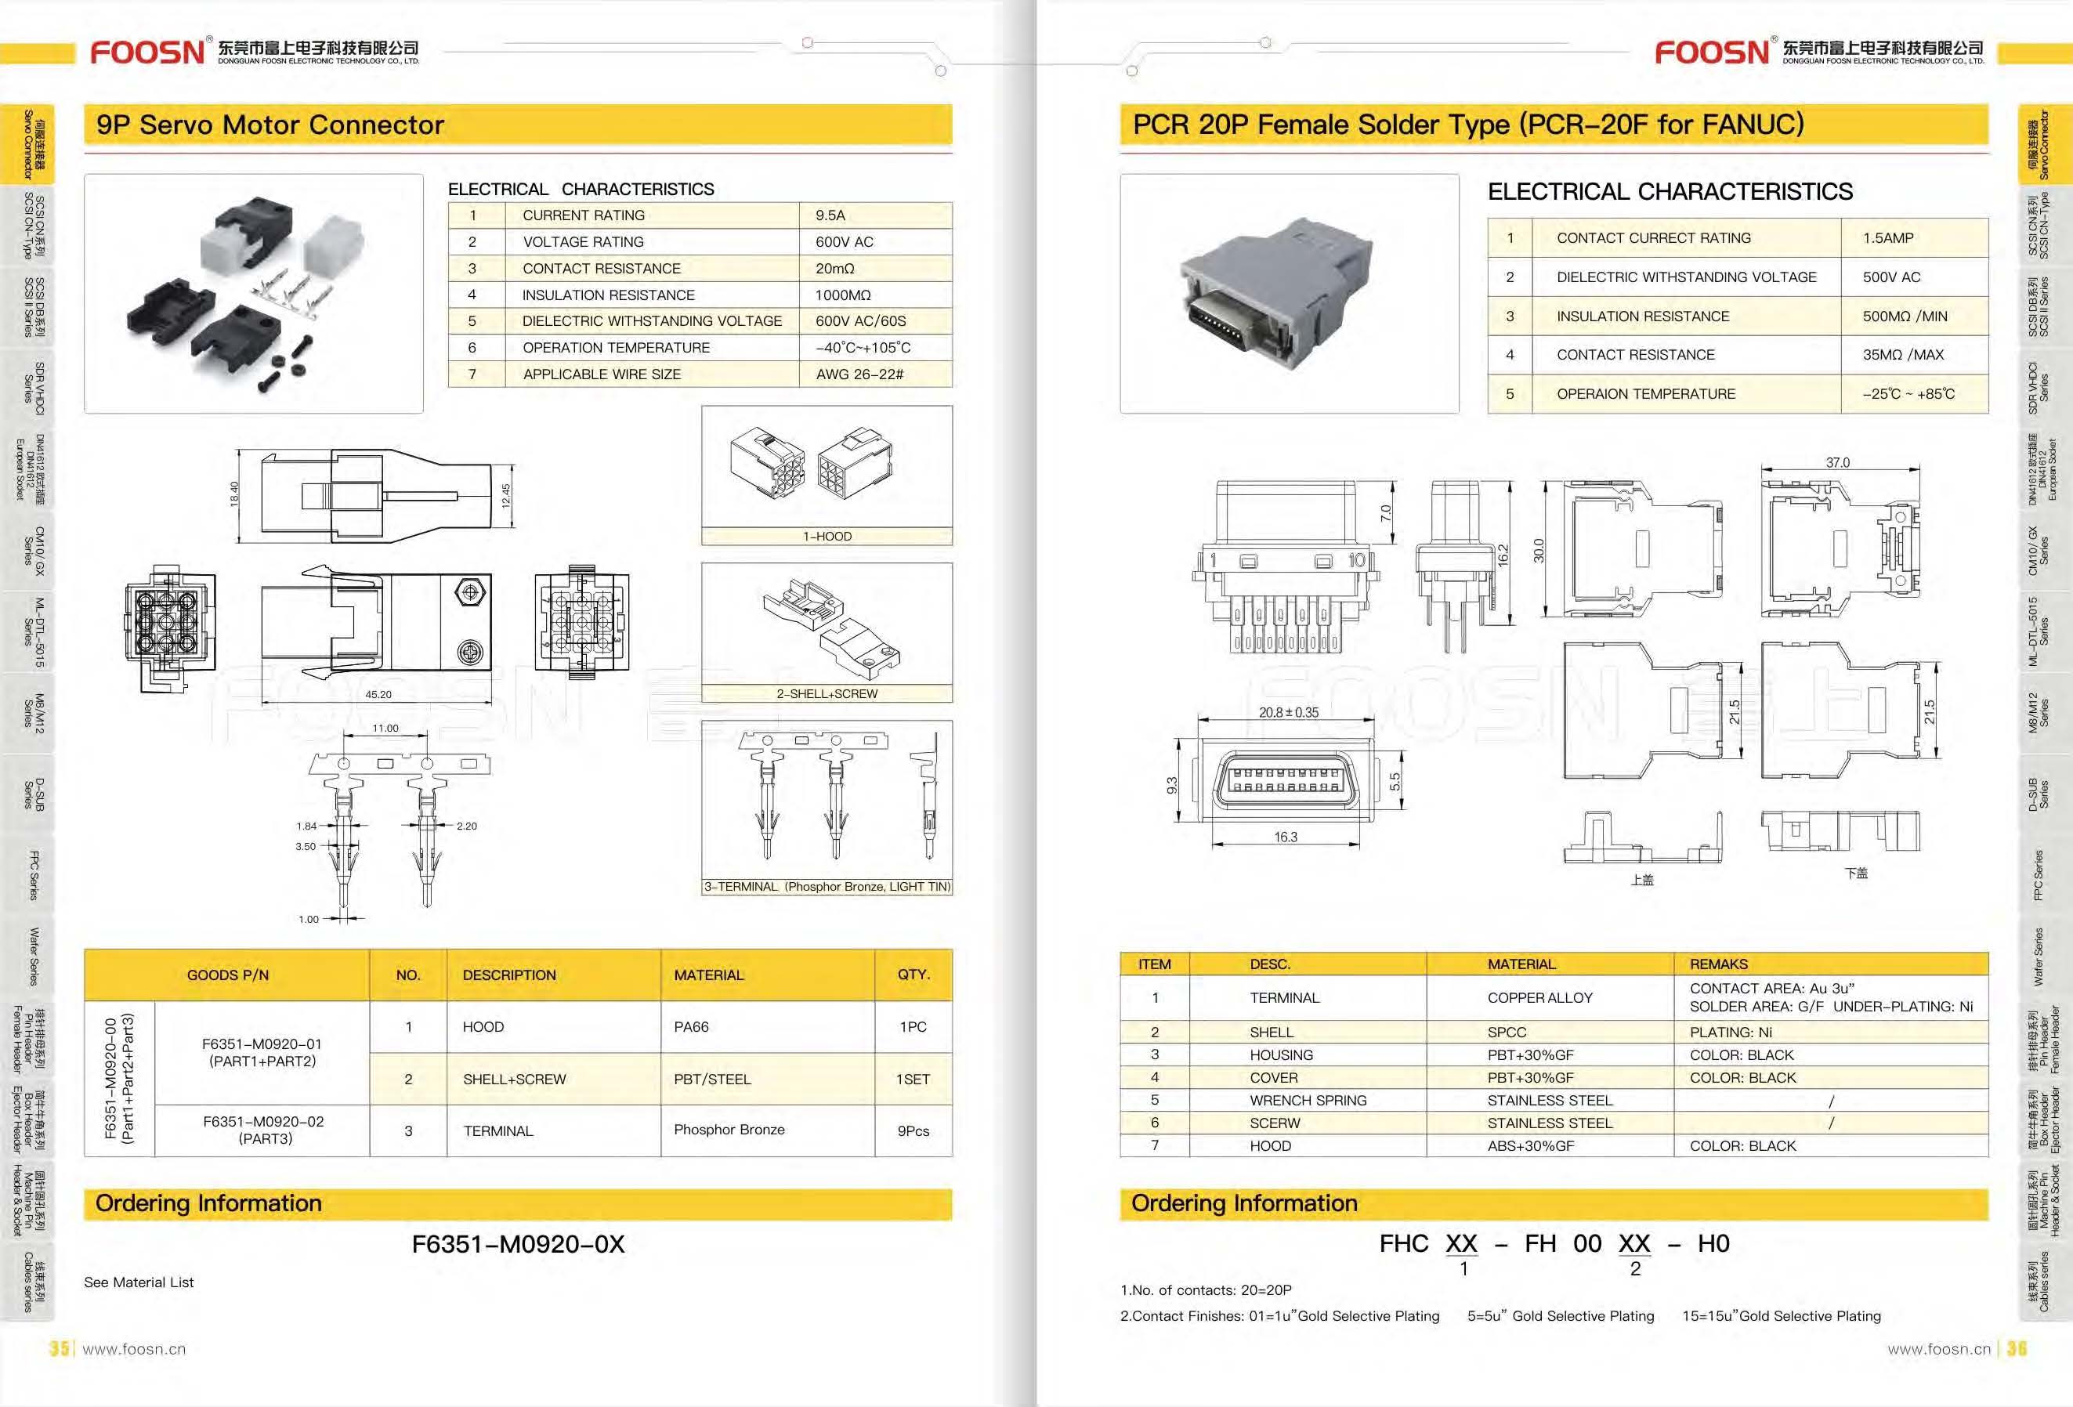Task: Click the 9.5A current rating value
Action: pos(830,215)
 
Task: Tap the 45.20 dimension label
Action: pos(378,694)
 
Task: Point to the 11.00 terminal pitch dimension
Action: pos(385,728)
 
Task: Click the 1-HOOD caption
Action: pos(827,536)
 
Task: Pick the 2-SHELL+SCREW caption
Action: pos(827,693)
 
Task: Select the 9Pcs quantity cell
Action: pos(913,1130)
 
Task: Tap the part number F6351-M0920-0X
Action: pos(519,1244)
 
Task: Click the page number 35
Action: pos(59,1348)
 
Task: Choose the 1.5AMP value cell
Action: pos(1887,238)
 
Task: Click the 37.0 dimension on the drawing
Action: pos(1837,463)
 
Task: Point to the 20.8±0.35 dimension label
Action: pos(1288,712)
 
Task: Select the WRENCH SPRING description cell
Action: pos(1308,1100)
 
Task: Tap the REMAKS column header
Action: pos(1718,964)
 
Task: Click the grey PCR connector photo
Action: pos(1289,295)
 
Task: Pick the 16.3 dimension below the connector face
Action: pos(1286,837)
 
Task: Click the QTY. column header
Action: pos(913,975)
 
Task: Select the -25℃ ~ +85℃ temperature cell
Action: pos(1908,393)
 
